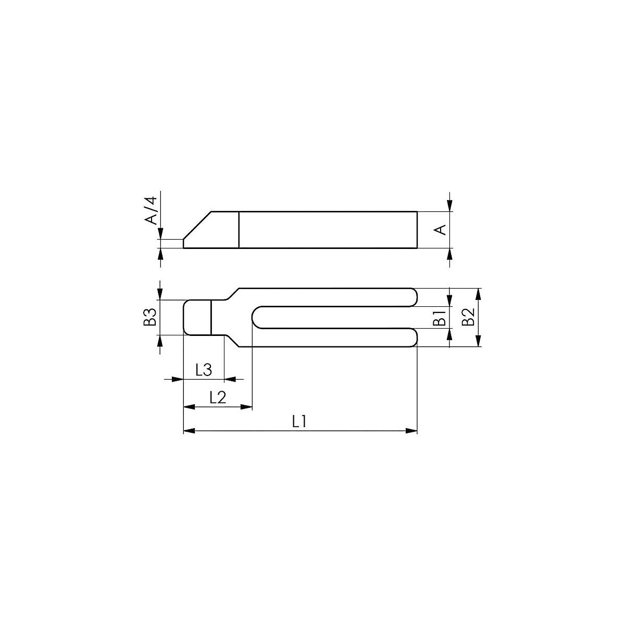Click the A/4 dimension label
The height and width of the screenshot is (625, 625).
pyautogui.click(x=151, y=210)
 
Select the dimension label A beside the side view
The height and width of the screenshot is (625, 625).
pyautogui.click(x=440, y=230)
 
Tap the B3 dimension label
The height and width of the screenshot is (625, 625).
pyautogui.click(x=151, y=317)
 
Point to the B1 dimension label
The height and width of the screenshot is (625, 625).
pyautogui.click(x=440, y=317)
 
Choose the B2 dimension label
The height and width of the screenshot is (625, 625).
pyautogui.click(x=468, y=317)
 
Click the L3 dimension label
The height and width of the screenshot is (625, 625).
pyautogui.click(x=204, y=370)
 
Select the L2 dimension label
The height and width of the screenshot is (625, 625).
pyautogui.click(x=218, y=397)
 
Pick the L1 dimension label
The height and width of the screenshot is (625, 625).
pyautogui.click(x=299, y=422)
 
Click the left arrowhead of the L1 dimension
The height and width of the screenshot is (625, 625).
pyautogui.click(x=190, y=431)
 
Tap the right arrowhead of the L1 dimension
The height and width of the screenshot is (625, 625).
pyautogui.click(x=411, y=431)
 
